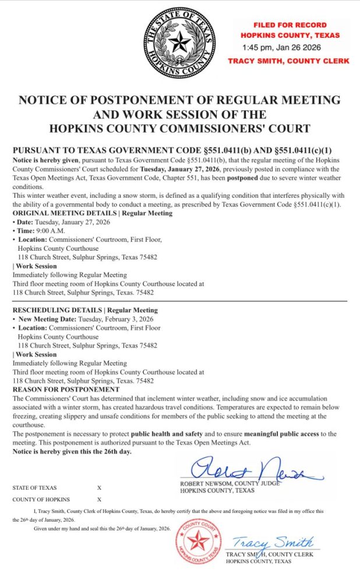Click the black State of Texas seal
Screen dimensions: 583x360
[x=179, y=44]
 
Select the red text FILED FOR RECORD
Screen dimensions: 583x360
[x=290, y=26]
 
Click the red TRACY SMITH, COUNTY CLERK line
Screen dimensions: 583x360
[x=288, y=61]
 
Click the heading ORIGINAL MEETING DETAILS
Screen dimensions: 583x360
[x=63, y=213]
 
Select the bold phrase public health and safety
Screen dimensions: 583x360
[x=167, y=434]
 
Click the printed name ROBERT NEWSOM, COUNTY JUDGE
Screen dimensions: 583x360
[x=231, y=484]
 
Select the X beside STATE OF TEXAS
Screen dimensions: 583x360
[x=99, y=488]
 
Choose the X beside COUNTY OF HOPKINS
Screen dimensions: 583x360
[x=99, y=500]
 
